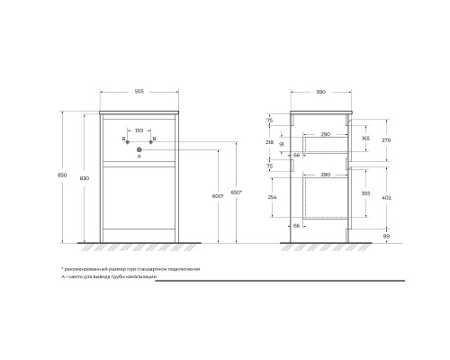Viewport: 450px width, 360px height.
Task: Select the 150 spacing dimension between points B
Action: [139, 130]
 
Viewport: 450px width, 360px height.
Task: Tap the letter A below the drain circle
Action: [139, 157]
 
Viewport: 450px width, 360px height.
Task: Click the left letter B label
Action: [122, 139]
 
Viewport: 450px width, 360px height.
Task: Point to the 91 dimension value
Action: [282, 143]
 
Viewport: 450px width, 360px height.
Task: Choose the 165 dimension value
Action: [365, 139]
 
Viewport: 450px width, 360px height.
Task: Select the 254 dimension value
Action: [271, 197]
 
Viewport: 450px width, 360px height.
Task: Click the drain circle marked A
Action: [139, 148]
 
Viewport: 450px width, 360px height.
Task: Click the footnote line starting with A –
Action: [108, 278]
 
